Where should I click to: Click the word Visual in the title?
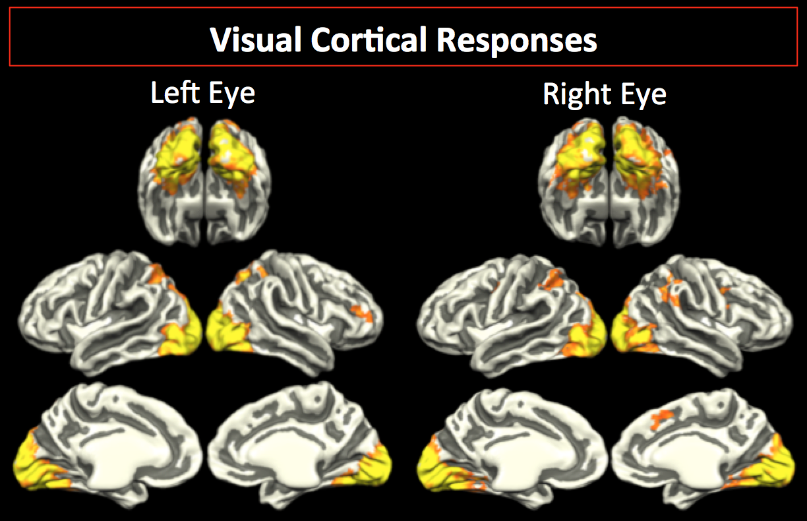pyautogui.click(x=256, y=41)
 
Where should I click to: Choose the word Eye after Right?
pyautogui.click(x=640, y=94)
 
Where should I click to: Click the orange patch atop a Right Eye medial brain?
pyautogui.click(x=663, y=416)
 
